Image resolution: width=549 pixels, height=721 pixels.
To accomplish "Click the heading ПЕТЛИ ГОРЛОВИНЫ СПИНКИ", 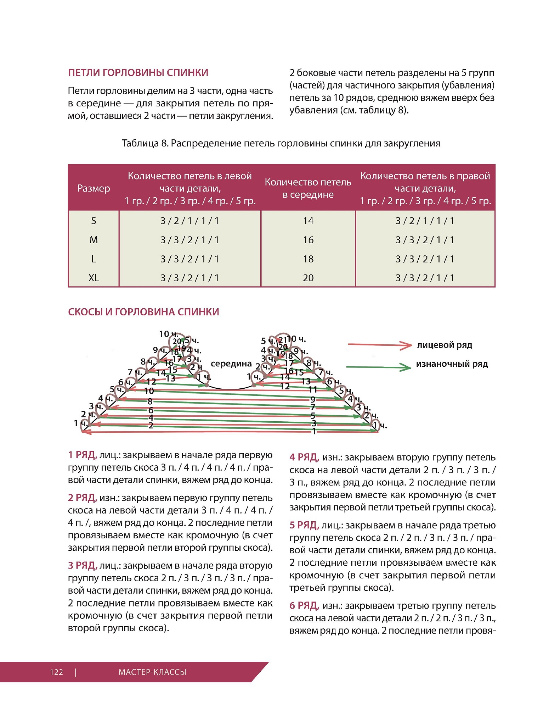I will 138,73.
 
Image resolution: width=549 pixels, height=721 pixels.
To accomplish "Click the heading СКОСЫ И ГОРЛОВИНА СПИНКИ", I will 143,312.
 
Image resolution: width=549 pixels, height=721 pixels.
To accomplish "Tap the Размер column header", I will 94,188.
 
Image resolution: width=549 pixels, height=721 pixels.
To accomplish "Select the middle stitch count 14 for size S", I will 308,221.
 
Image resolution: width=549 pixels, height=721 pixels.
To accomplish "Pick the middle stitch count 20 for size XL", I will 308,278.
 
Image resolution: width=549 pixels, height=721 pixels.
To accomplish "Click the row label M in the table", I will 94,240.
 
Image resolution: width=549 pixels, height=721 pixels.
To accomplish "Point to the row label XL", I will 94,278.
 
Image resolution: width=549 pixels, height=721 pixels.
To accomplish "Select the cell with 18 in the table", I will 308,259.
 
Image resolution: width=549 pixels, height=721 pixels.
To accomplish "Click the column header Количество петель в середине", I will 308,188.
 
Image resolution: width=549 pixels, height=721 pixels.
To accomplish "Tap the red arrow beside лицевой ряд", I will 380,345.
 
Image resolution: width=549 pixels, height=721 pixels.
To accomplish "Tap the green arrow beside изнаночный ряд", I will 378,367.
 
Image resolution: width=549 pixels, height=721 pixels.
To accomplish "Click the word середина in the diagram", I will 231,364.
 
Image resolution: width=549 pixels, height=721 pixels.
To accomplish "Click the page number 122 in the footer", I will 57,672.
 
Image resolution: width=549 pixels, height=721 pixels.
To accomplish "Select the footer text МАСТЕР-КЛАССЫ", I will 152,672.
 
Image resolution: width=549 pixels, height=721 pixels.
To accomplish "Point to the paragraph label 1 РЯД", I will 82,455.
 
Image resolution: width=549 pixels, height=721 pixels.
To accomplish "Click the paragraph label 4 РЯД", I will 304,457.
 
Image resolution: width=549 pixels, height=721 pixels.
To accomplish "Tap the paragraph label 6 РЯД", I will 304,606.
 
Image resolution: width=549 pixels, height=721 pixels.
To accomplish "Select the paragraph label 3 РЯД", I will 82,566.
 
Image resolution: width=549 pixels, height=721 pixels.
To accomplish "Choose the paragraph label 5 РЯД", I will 304,525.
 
